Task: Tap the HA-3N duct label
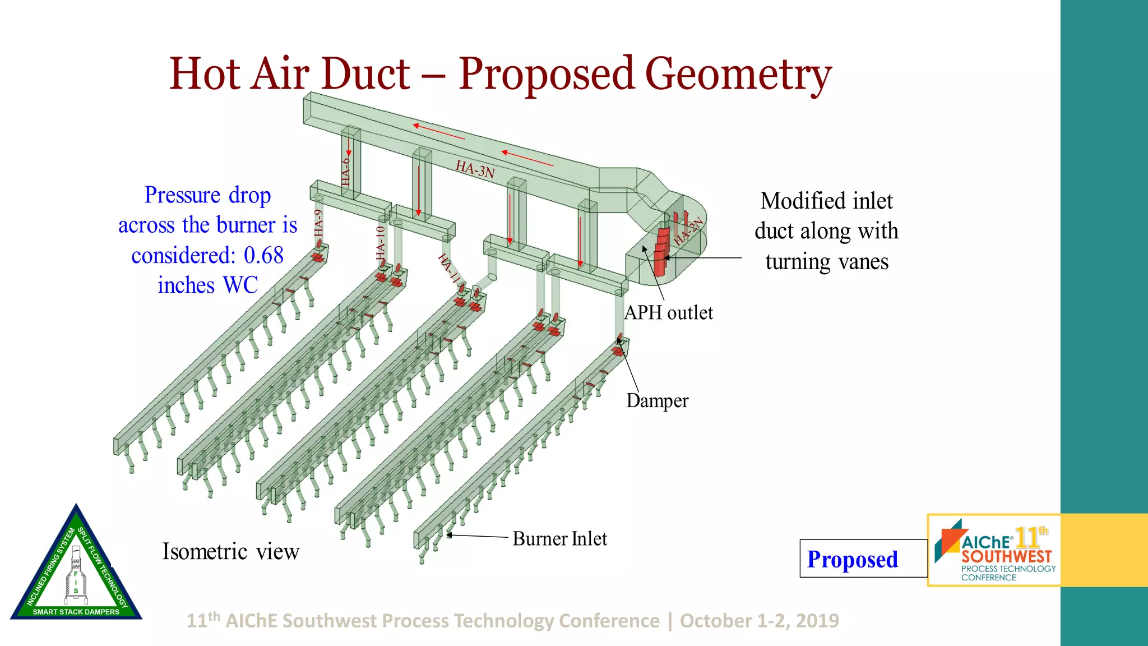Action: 475,169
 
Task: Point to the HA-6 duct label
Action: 346,171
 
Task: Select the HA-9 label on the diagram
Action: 318,223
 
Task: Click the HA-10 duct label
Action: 381,242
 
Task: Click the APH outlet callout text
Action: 668,313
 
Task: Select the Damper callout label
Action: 657,401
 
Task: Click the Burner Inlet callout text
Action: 559,539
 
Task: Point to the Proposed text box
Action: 852,559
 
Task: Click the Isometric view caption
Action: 230,552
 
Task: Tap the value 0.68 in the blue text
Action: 263,256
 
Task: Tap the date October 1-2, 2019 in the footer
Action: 759,621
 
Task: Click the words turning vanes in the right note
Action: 827,262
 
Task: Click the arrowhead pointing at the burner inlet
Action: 450,535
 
